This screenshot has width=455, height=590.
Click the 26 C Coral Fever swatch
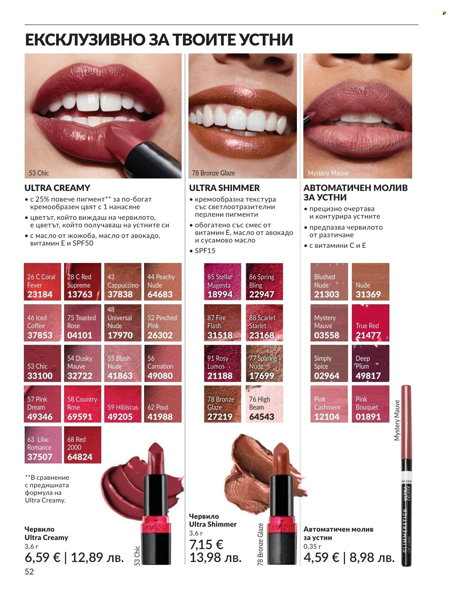tap(42, 282)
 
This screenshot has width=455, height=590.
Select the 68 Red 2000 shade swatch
tap(82, 444)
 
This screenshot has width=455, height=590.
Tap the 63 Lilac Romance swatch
tap(42, 444)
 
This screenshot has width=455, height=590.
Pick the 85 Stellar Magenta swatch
tap(222, 282)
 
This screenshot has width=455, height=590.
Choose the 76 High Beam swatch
tap(264, 404)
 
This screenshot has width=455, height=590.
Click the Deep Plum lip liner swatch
tap(370, 363)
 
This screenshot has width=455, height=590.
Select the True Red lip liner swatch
tap(370, 322)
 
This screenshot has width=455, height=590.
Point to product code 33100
tap(40, 376)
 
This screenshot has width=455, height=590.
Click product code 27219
tap(220, 417)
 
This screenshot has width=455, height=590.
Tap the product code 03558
tap(326, 335)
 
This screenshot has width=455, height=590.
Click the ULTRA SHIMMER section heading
tap(224, 188)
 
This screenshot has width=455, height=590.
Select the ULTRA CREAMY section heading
tap(57, 188)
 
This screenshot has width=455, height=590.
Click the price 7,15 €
tap(206, 545)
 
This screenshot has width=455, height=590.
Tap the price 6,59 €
tap(42, 557)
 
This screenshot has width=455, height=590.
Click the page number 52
tap(29, 572)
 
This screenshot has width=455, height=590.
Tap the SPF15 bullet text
tap(205, 251)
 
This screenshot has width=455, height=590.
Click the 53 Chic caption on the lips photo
tap(39, 173)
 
